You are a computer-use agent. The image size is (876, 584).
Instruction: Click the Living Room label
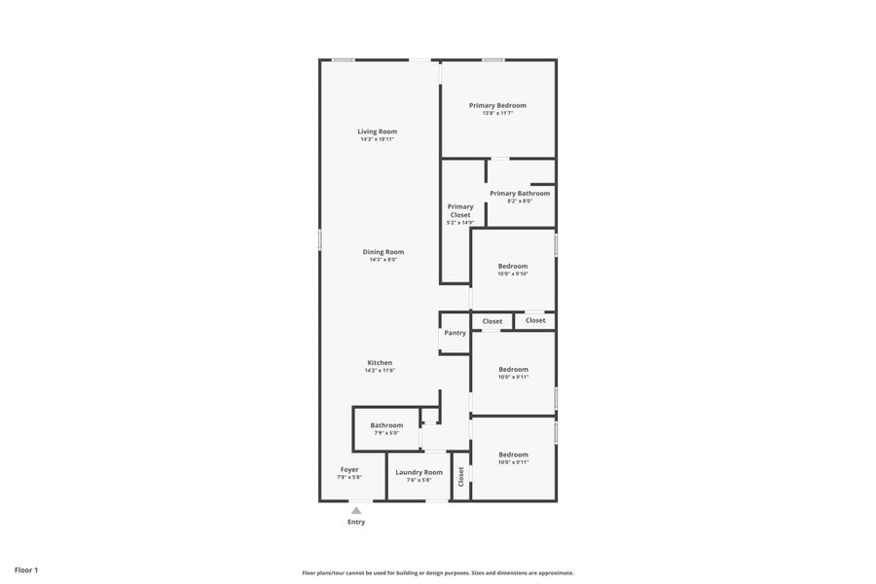[377, 131]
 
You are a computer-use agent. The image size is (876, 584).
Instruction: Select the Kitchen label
[380, 363]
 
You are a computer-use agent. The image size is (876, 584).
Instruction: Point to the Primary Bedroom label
[497, 105]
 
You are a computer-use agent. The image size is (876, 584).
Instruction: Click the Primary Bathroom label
[520, 194]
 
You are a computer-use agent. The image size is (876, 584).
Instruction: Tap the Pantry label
[455, 333]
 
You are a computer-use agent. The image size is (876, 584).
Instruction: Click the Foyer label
[349, 469]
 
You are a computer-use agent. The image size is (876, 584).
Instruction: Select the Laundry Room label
[419, 472]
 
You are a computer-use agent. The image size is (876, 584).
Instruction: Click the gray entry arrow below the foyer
[356, 510]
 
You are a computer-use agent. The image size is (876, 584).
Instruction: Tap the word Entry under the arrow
[356, 522]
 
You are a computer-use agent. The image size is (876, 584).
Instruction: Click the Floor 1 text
[26, 569]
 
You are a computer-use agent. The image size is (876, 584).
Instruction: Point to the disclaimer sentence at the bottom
[437, 573]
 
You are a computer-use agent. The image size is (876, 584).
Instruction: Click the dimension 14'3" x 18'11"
[377, 139]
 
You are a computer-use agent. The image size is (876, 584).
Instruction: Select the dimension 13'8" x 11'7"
[497, 113]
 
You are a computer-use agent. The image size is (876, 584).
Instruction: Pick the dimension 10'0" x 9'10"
[513, 274]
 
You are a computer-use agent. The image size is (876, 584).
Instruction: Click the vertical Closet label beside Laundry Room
[461, 476]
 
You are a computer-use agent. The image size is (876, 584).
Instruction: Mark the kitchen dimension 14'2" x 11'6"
[380, 371]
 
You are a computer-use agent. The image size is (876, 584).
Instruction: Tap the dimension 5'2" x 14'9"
[460, 223]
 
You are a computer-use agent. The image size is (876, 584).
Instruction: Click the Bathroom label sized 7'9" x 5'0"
[386, 425]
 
